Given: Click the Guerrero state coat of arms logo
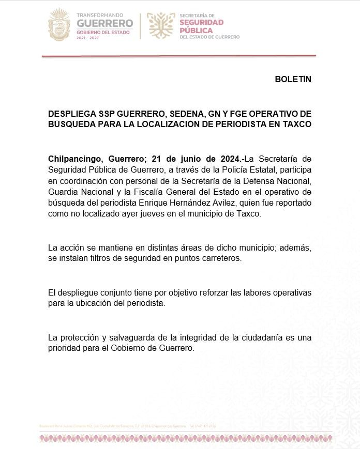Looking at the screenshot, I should point(59,25).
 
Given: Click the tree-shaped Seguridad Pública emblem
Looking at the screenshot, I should point(161,25).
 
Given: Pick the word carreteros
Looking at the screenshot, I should point(222,258).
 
